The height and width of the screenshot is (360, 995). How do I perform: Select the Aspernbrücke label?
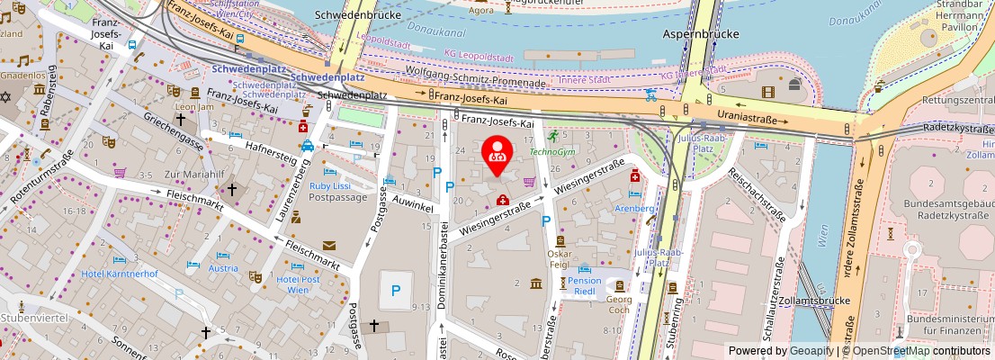pyautogui.click(x=701, y=34)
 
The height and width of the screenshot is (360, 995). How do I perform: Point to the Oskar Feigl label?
pyautogui.click(x=560, y=259)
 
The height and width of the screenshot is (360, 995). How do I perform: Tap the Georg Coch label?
pyautogui.click(x=619, y=304)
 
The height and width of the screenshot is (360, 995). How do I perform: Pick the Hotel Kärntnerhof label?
pyautogui.click(x=120, y=274)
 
